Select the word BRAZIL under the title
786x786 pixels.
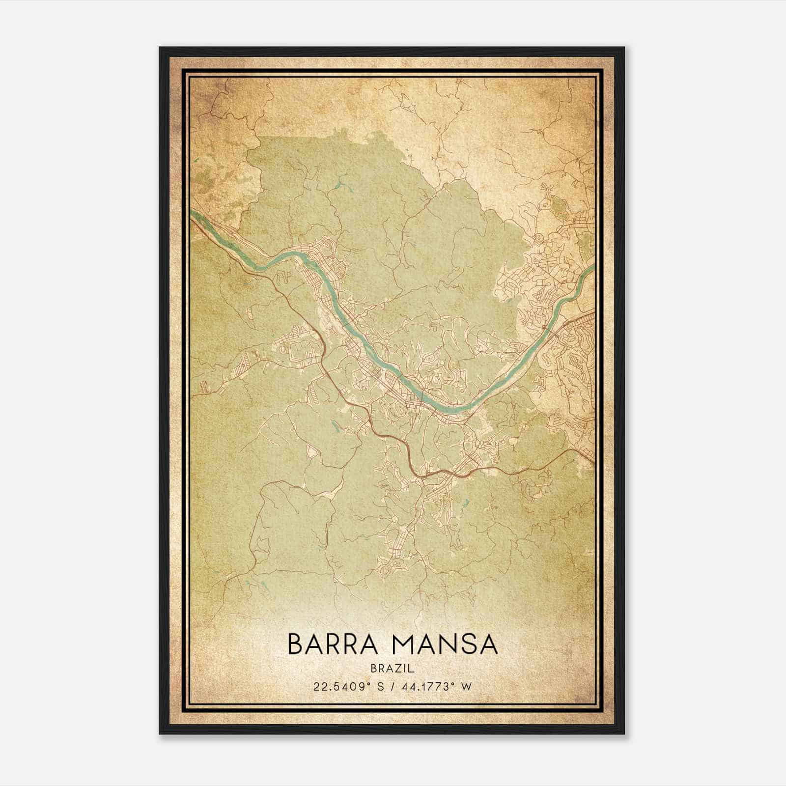(393, 669)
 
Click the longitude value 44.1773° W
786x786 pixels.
(437, 686)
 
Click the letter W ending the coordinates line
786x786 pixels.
(467, 686)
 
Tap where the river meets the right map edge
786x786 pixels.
(593, 267)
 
